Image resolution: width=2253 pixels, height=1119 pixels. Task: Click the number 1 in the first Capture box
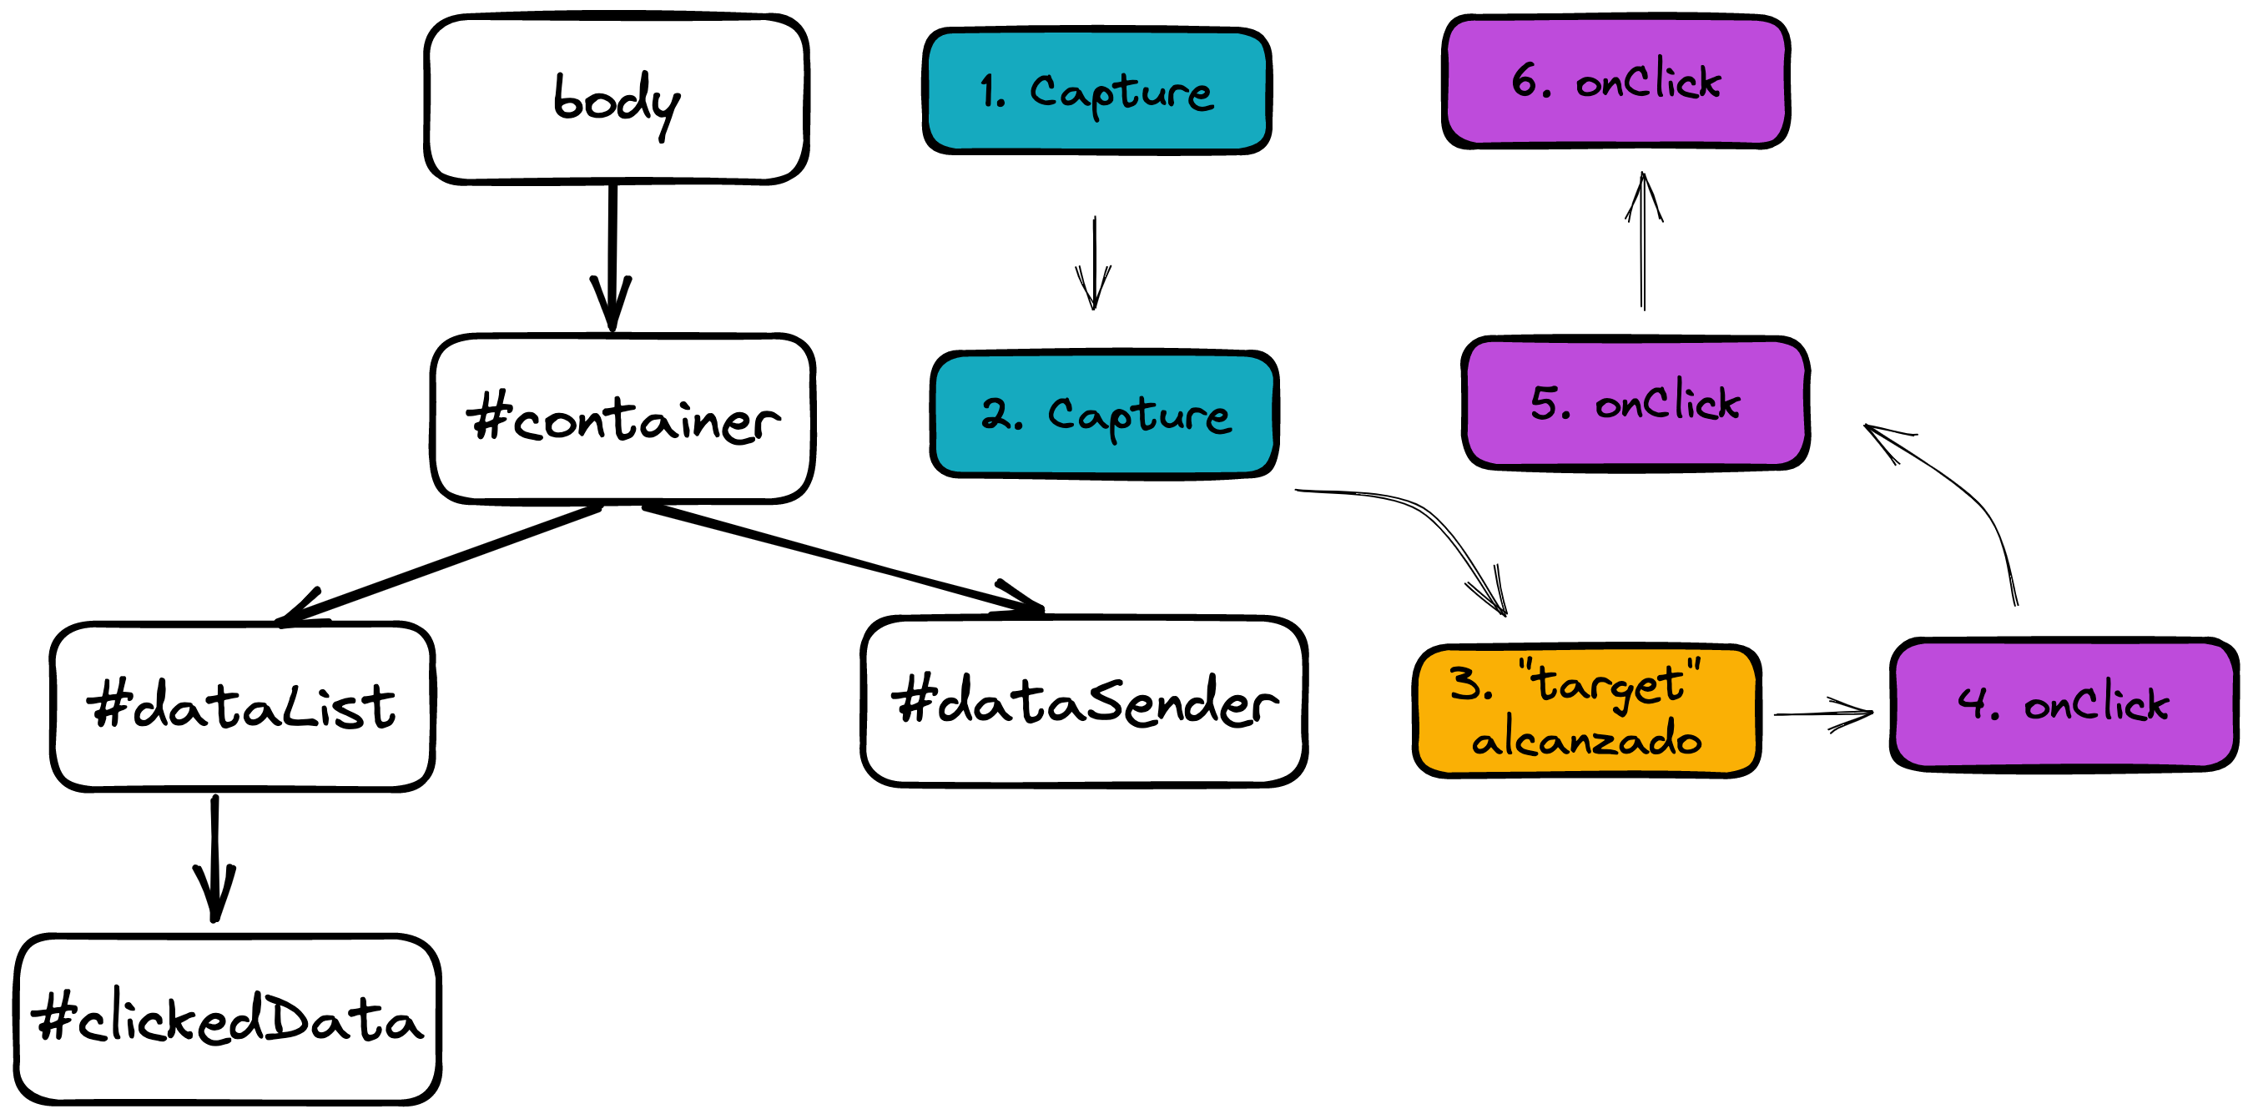click(x=988, y=91)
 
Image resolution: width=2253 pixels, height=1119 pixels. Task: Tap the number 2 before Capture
click(x=996, y=413)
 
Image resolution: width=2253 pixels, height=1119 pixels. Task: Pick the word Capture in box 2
click(x=1140, y=416)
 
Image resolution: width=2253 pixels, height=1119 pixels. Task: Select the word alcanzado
click(x=1586, y=739)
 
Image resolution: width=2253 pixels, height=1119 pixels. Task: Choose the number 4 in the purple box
click(x=1973, y=702)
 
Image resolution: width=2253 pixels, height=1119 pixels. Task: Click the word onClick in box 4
click(x=2096, y=703)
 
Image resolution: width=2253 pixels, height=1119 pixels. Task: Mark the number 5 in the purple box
click(x=1545, y=402)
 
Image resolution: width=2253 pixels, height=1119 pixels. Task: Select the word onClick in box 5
click(x=1667, y=402)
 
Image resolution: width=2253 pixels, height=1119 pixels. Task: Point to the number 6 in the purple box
click(x=1526, y=80)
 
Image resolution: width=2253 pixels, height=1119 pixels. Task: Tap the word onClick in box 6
click(x=1648, y=80)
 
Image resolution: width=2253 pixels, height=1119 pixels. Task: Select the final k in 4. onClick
click(x=2156, y=705)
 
